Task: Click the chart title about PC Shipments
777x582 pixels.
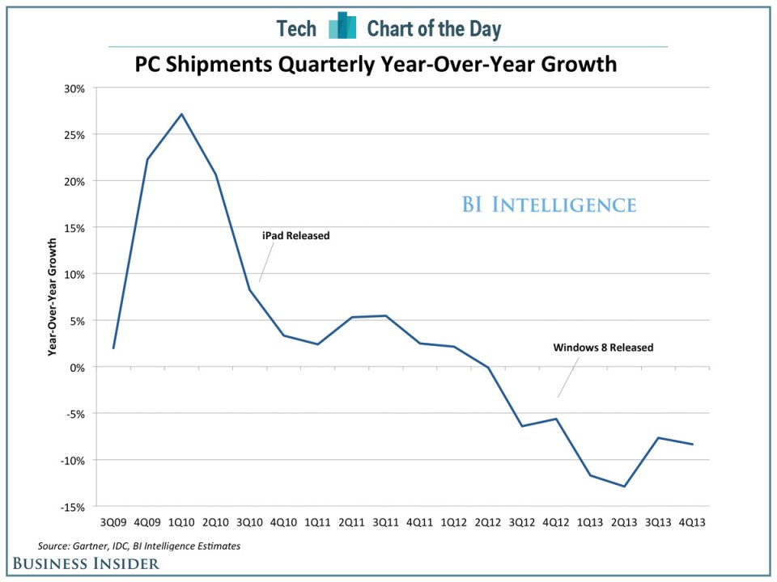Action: [375, 64]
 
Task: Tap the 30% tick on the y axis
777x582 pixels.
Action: [75, 88]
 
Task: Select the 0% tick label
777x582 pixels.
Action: [79, 367]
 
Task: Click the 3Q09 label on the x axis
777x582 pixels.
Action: [113, 523]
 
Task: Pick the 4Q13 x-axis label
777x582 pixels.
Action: [692, 523]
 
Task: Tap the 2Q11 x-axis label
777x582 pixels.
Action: [351, 523]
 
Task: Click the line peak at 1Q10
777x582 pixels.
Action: [181, 114]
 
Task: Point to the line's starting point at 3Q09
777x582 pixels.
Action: [113, 348]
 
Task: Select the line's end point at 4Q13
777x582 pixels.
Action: [693, 444]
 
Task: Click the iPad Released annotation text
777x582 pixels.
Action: [295, 236]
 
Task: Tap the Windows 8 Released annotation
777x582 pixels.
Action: [603, 348]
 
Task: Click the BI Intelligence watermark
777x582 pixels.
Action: [549, 205]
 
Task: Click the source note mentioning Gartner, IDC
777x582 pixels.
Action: [139, 546]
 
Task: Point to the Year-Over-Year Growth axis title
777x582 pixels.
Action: [53, 297]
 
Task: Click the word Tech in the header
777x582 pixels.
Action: [296, 29]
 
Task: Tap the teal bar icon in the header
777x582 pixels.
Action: [342, 27]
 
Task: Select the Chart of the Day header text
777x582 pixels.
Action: [434, 29]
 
